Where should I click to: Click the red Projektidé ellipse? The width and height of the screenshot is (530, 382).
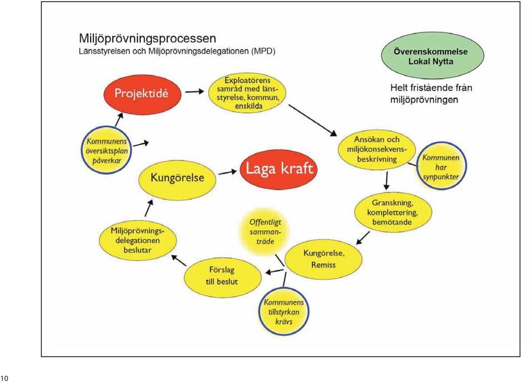142,94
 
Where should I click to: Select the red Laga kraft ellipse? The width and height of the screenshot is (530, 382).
279,169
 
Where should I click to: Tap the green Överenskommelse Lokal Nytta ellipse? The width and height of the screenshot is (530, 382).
432,56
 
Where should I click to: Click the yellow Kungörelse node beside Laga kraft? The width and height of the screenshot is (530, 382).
177,178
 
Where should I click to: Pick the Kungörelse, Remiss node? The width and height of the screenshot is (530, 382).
324,259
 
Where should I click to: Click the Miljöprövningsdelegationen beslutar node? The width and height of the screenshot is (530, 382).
137,240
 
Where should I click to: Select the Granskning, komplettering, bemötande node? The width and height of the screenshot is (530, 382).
393,212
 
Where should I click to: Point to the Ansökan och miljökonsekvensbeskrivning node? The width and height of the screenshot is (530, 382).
377,149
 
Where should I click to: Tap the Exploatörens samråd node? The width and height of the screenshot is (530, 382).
247,93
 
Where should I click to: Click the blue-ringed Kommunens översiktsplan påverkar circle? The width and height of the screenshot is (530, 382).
106,150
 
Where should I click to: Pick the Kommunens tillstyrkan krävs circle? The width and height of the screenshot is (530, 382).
284,311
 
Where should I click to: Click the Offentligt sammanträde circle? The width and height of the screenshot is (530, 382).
264,232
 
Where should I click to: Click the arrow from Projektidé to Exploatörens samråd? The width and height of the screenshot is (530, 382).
194,92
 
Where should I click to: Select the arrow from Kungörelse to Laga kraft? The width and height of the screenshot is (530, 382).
227,173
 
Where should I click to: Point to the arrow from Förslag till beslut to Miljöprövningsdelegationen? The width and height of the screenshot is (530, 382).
179,261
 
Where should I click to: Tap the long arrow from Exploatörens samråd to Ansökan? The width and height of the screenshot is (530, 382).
313,121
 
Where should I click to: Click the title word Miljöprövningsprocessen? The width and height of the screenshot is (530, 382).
148,39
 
